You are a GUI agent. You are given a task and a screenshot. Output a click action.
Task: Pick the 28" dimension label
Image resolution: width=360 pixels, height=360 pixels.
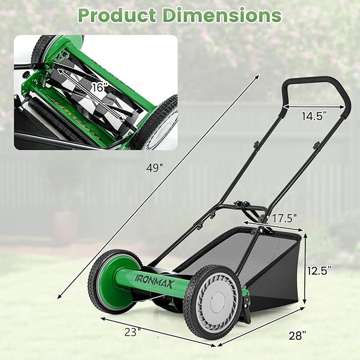(x=298, y=335)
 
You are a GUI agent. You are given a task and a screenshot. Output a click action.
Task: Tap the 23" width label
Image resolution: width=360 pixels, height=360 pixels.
(x=133, y=332)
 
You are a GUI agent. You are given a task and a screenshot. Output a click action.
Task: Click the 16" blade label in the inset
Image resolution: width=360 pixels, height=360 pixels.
(x=99, y=88)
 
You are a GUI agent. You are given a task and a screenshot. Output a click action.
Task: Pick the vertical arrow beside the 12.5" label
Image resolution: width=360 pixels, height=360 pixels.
(x=306, y=269)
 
